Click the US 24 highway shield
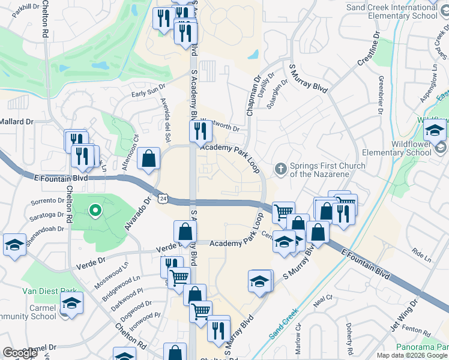(163, 197)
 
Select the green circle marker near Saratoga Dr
(94, 210)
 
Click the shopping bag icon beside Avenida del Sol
(148, 159)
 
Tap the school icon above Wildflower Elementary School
(435, 129)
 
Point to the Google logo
(20, 353)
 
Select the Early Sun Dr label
(148, 89)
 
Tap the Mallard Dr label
(17, 121)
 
